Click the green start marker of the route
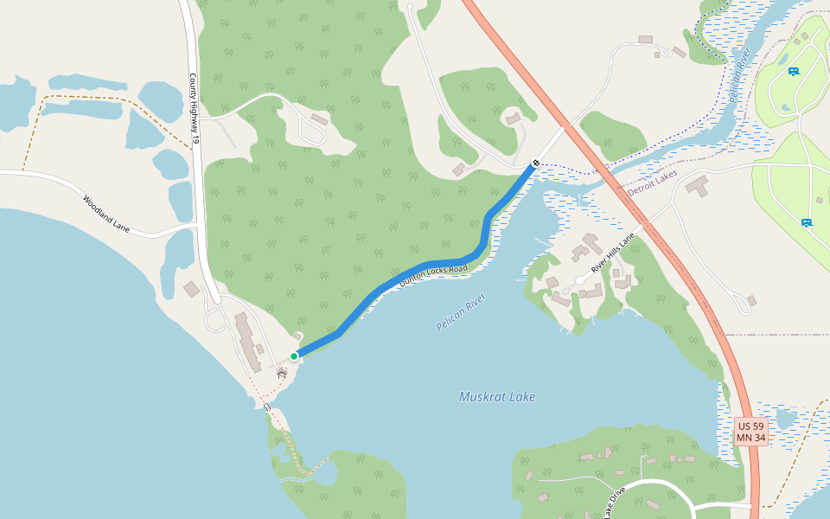tap(294, 356)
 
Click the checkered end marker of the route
tap(537, 163)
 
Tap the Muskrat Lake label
tap(497, 397)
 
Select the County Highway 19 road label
tap(195, 107)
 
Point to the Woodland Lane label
tap(106, 214)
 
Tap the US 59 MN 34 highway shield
tap(750, 432)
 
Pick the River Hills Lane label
tap(613, 253)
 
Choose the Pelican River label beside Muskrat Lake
tap(461, 312)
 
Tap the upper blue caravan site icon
tap(793, 71)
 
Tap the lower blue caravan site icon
tap(807, 222)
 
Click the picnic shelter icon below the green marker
tap(281, 373)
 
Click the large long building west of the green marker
tap(248, 341)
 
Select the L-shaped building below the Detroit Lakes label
tap(697, 186)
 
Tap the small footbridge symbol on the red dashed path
tap(266, 407)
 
